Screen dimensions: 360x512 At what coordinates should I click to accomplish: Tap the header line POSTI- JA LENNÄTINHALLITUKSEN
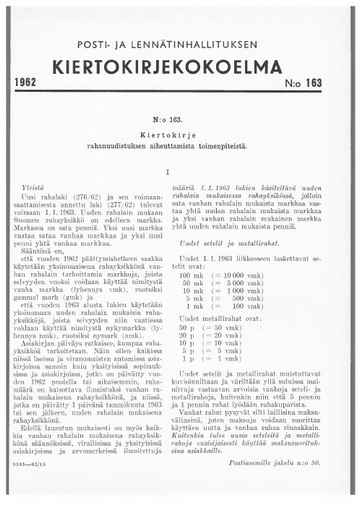(x=179, y=45)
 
